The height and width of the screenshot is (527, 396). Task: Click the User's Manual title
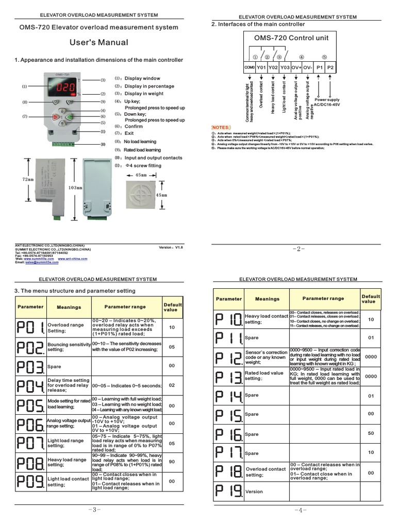point(98,42)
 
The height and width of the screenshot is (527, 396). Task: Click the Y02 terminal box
point(273,67)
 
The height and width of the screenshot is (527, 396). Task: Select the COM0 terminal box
point(250,67)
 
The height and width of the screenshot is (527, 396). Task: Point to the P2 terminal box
point(331,67)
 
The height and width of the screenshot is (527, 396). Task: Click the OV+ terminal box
point(296,67)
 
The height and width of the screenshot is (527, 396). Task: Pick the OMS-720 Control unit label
point(291,38)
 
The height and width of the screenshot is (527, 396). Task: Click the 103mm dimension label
point(75,188)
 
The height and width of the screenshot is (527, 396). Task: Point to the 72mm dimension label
point(28,180)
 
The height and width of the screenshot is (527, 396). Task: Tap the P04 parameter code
point(30,385)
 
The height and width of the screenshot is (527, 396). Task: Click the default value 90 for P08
point(172,462)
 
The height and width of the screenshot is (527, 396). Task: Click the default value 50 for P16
point(371,434)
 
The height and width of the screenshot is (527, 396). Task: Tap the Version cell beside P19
point(254,491)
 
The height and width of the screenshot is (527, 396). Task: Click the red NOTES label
point(222,127)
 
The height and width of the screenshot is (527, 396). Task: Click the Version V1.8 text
point(172,248)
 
